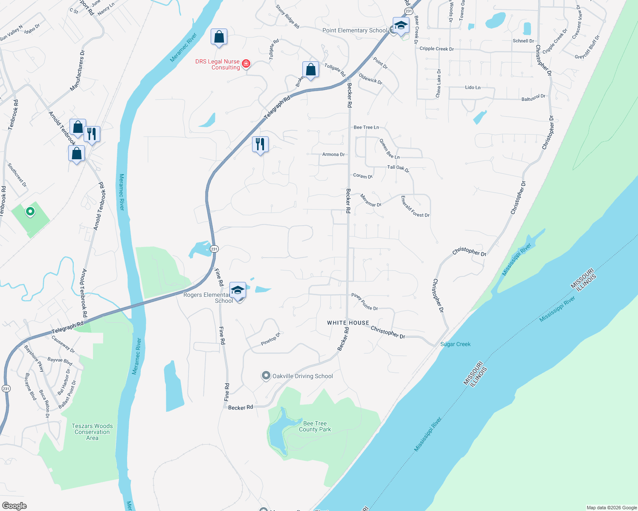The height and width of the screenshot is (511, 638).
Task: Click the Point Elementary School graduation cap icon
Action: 401,26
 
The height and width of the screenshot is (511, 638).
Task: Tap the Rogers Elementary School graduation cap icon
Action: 238,290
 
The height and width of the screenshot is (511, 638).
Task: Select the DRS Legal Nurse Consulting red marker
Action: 246,64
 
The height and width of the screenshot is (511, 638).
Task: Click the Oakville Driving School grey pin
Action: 266,376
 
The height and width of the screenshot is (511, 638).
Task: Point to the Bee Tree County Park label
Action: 315,426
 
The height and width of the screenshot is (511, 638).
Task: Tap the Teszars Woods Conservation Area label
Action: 92,432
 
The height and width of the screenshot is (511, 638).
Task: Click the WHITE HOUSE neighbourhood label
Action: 348,323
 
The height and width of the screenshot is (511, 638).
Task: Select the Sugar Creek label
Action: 455,344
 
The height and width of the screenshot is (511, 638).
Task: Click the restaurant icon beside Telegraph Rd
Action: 260,144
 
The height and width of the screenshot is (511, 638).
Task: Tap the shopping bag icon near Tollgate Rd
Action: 310,69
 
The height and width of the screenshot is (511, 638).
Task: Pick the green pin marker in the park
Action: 30,211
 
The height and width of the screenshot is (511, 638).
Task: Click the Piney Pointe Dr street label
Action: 364,301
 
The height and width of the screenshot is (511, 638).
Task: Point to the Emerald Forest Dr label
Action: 415,207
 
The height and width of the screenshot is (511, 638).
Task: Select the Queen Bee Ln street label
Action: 389,149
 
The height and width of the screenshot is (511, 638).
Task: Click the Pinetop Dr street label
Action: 271,339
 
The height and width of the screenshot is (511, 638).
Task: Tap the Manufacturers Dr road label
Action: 77,71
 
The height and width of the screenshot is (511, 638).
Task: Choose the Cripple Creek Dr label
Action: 436,49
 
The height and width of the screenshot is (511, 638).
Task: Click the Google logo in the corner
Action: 14,506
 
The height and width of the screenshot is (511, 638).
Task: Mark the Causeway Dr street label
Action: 63,344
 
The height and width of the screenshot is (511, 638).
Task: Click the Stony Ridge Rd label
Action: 287,17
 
